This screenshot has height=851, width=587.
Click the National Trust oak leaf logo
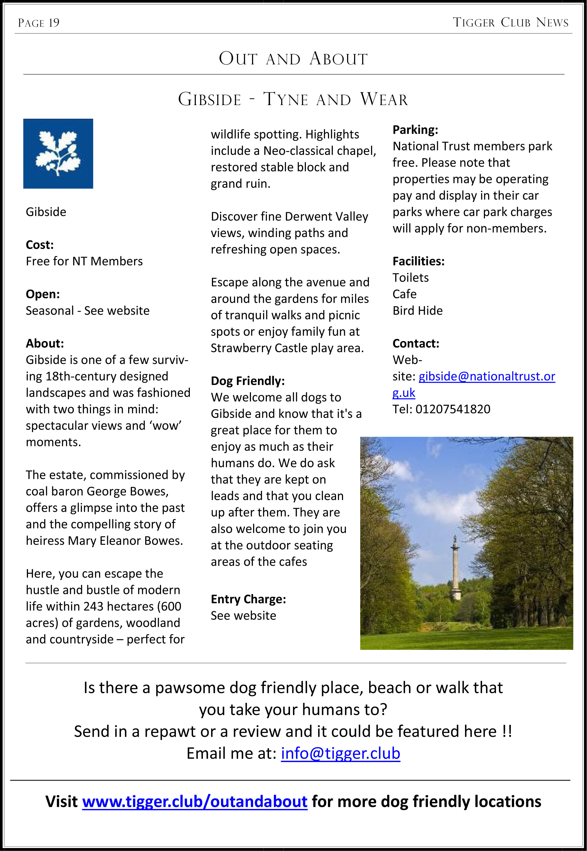58,154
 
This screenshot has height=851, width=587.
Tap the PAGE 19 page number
39,23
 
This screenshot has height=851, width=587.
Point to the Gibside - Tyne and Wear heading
293,99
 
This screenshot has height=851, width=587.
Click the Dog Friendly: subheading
247,381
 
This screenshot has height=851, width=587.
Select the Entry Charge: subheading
248,599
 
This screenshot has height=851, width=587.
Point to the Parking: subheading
415,130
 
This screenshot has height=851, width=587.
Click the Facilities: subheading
418,261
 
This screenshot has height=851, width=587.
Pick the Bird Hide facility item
417,311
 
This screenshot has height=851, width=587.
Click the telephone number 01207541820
453,409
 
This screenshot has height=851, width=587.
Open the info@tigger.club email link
340,753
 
